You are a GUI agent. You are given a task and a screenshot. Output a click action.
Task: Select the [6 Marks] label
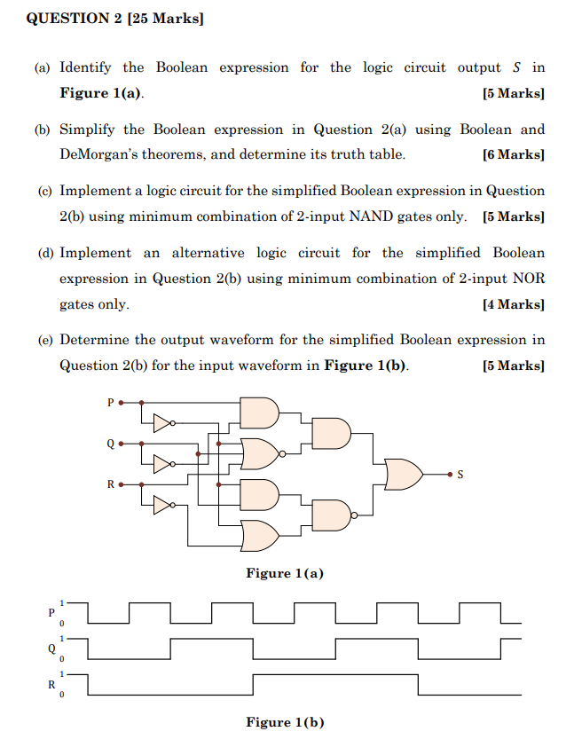point(514,154)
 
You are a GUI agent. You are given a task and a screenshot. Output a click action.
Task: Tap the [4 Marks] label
point(514,304)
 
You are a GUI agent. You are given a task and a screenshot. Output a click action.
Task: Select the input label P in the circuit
point(110,402)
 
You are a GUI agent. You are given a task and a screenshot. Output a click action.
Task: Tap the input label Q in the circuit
point(110,444)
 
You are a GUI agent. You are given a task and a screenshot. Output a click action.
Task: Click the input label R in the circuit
point(110,484)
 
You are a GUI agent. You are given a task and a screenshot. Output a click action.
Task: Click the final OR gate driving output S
point(404,475)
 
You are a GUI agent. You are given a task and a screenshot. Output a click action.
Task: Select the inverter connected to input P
point(163,422)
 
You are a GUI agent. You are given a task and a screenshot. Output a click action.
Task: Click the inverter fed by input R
point(163,506)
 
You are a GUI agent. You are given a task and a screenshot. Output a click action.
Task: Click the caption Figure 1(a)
point(285,573)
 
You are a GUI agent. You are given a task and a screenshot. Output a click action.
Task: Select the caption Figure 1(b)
point(285,722)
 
